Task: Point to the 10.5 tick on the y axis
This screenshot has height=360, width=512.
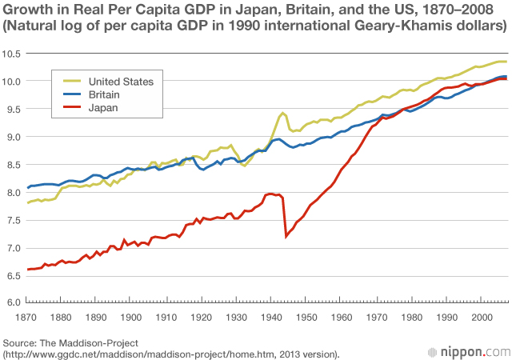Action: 12,54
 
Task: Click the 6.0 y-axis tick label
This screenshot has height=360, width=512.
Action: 12,302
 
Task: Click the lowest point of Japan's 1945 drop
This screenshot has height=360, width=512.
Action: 286,236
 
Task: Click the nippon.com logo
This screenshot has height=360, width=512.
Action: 474,350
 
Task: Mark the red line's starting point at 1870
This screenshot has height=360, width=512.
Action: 28,270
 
